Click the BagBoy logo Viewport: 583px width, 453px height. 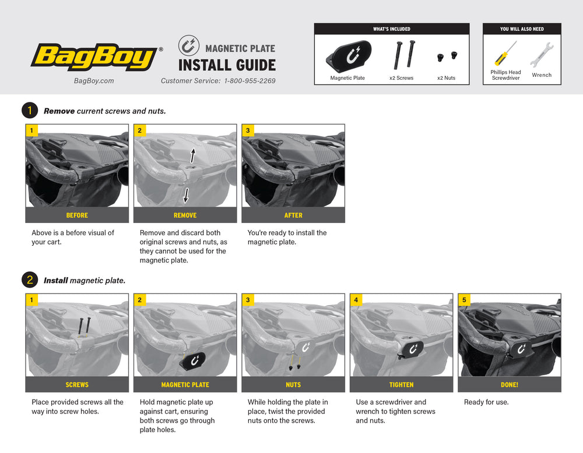pyautogui.click(x=94, y=57)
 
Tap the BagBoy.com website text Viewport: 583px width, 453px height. pyautogui.click(x=94, y=81)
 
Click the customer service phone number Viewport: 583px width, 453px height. pyautogui.click(x=250, y=81)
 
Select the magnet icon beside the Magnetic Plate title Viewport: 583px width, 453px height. pyautogui.click(x=188, y=46)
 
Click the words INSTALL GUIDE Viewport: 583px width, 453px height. pyautogui.click(x=227, y=65)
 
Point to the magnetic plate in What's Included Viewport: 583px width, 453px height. pyautogui.click(x=349, y=56)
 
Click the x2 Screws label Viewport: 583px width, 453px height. pyautogui.click(x=401, y=78)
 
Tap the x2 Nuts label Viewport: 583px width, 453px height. pyautogui.click(x=446, y=78)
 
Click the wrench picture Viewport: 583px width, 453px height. pyautogui.click(x=542, y=55)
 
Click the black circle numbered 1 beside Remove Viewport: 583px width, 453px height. pyautogui.click(x=30, y=111)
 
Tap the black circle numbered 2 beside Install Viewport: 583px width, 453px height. pyautogui.click(x=30, y=280)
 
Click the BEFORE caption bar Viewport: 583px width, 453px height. pyautogui.click(x=77, y=215)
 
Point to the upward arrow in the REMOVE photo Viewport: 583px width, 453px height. pyautogui.click(x=193, y=155)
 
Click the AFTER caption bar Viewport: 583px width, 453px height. pyautogui.click(x=293, y=215)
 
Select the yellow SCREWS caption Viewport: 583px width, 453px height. pyautogui.click(x=77, y=385)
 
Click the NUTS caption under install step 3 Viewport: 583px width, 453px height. pyautogui.click(x=293, y=385)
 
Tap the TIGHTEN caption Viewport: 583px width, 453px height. pyautogui.click(x=401, y=385)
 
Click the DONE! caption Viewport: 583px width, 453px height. pyautogui.click(x=510, y=385)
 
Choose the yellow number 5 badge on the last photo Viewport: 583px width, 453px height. pyautogui.click(x=464, y=300)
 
